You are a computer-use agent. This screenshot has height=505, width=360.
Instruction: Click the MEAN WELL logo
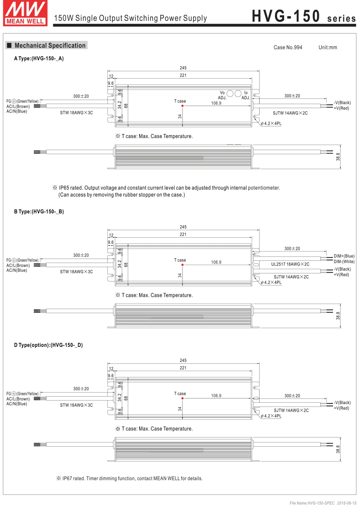[x=25, y=13]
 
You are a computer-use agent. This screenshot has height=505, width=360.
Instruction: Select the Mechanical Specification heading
[x=50, y=45]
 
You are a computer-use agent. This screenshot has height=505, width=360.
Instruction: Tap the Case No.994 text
[x=288, y=48]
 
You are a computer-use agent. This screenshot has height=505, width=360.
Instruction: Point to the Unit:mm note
[x=328, y=48]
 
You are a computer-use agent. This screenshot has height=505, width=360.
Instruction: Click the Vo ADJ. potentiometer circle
[x=230, y=94]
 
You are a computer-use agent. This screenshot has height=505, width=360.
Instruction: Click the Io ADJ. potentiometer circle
[x=238, y=94]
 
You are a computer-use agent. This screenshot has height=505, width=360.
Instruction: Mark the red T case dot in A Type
[x=183, y=106]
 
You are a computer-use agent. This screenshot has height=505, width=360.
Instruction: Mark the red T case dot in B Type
[x=183, y=265]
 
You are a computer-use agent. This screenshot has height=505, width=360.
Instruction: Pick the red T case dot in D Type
[x=183, y=398]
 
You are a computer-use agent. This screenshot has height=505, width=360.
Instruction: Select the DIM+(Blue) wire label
[x=344, y=256]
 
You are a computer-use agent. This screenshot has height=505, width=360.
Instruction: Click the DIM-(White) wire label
[x=344, y=262]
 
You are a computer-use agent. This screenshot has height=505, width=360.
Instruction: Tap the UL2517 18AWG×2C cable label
[x=290, y=264]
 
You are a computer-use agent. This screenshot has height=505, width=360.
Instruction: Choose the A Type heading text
[x=39, y=58]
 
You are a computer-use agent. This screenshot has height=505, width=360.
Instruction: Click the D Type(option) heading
[x=48, y=345]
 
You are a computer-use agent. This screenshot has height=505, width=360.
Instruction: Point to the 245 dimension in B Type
[x=183, y=227]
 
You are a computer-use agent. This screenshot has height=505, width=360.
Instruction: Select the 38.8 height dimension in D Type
[x=338, y=449]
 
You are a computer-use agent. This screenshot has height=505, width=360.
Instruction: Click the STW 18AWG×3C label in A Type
[x=76, y=113]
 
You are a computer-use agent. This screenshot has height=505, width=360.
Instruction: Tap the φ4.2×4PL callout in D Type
[x=271, y=416]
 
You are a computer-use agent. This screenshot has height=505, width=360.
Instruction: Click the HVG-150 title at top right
[x=286, y=16]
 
